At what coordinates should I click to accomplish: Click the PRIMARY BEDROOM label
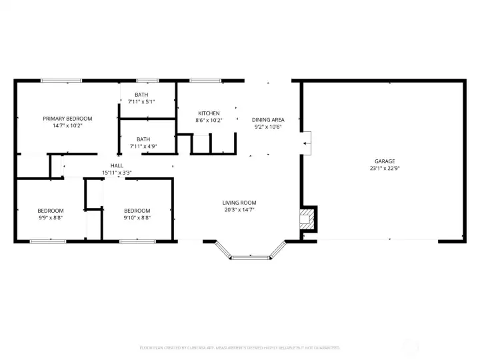tap(67, 118)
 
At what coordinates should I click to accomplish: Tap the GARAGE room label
tap(384, 161)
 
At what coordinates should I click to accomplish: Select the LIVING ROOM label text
tap(239, 203)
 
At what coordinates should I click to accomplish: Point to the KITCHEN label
tap(209, 113)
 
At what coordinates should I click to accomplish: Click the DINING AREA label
tap(268, 120)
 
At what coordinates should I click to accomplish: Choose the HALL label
tap(117, 165)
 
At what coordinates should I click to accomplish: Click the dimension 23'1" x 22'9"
tap(384, 169)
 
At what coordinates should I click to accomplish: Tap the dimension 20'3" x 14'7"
tap(239, 209)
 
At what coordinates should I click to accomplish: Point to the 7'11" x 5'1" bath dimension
tap(141, 101)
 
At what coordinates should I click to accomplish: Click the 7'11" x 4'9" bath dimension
tap(143, 146)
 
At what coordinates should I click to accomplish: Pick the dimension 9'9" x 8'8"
tap(50, 217)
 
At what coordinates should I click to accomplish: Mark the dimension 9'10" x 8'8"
tap(137, 217)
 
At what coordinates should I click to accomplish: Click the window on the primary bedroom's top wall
tap(61, 81)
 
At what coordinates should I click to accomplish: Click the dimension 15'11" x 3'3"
tap(117, 173)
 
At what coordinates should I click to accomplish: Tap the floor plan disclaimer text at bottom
tap(239, 347)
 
